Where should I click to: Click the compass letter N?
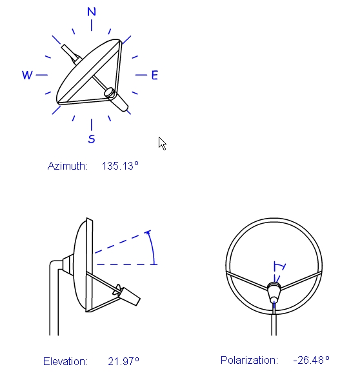[x=92, y=12]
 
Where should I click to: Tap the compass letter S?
[x=92, y=139]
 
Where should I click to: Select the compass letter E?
[x=155, y=75]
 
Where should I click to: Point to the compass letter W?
[x=27, y=75]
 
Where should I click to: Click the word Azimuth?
[x=68, y=166]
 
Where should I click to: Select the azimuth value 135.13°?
[x=120, y=166]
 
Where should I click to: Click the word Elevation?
[x=65, y=361]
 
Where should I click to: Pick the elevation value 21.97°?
[x=123, y=361]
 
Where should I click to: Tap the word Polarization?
[x=249, y=360]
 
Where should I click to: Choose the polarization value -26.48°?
[x=312, y=360]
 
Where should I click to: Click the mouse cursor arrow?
[x=162, y=144]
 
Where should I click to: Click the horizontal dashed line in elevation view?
[x=127, y=264]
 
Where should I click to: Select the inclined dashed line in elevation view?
[x=123, y=242]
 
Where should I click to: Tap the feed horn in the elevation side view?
[x=127, y=295]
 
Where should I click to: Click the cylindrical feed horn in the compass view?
[x=116, y=99]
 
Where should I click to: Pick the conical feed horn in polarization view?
[x=274, y=292]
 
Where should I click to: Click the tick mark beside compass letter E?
[x=141, y=75]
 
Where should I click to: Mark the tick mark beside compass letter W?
[x=42, y=75]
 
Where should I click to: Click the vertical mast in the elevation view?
[x=54, y=299]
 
